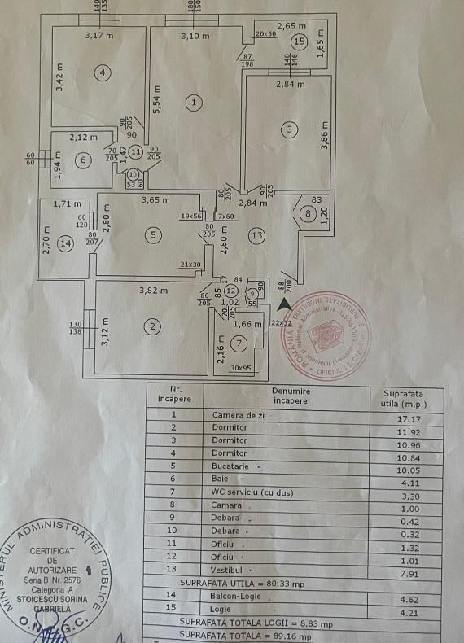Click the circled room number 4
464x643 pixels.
[x=103, y=72]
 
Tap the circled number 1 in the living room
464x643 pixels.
[x=193, y=103]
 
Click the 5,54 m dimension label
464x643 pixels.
[x=158, y=100]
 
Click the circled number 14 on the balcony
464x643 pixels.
[x=65, y=243]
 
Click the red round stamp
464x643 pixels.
[x=329, y=332]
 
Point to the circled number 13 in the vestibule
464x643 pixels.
[x=257, y=236]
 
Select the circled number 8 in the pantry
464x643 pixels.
[x=307, y=214]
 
